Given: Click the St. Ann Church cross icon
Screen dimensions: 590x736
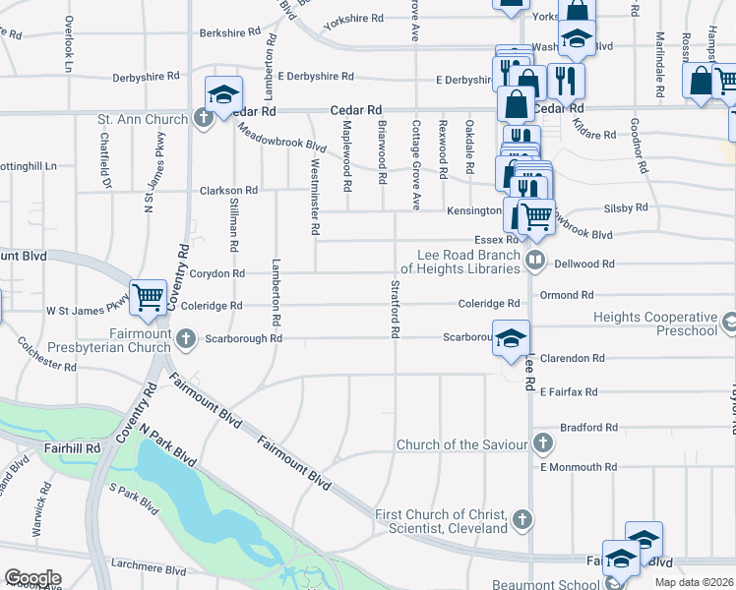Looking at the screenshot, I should [x=204, y=120].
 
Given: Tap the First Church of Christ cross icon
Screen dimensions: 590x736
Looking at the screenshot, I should [x=522, y=517].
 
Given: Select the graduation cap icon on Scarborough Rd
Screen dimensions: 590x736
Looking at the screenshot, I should [x=510, y=339].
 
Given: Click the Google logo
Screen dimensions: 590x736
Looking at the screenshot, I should [x=31, y=578].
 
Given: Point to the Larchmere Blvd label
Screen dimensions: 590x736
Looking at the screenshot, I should [x=144, y=569].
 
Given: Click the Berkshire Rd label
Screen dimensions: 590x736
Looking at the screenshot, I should [x=227, y=32].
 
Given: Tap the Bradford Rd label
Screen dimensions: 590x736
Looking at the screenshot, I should [x=588, y=428].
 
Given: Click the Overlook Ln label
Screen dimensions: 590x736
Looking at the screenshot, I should [x=69, y=43].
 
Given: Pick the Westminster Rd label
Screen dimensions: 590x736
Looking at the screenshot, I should [x=315, y=201].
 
